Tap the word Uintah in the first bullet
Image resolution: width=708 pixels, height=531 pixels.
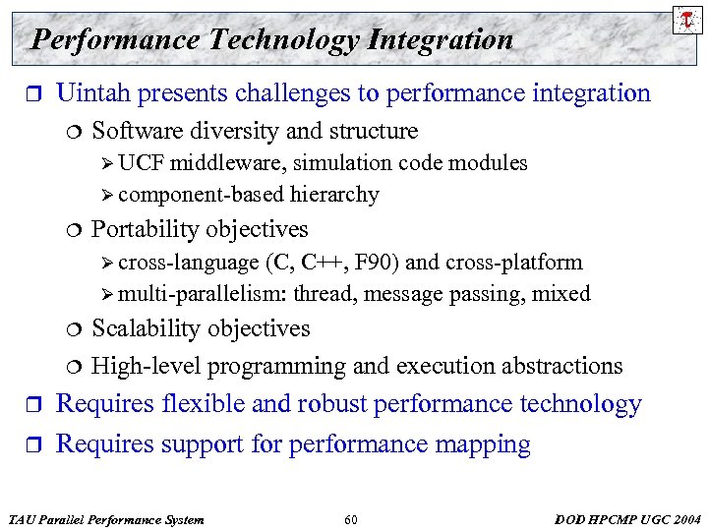point(95,93)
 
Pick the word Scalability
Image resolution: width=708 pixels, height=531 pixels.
point(143,328)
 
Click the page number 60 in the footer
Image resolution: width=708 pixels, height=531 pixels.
point(351,519)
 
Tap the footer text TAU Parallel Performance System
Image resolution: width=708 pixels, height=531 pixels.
point(105,519)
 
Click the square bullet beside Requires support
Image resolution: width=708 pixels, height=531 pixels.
point(31,445)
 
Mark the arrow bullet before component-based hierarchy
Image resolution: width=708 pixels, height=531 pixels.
point(108,196)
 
